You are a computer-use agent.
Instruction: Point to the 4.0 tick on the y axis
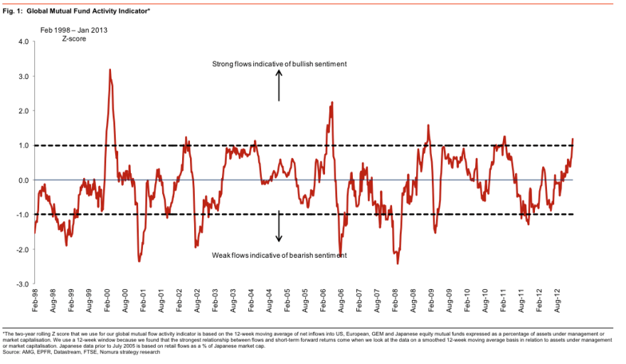[x=22, y=41]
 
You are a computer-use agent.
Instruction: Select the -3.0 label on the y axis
[x=21, y=284]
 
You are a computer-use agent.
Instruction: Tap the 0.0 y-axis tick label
[x=23, y=180]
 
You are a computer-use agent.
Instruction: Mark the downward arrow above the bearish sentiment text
[x=279, y=227]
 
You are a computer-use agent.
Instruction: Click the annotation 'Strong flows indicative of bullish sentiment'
[x=280, y=64]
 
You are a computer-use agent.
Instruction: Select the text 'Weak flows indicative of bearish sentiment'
[x=280, y=254]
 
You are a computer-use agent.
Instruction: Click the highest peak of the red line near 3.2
[x=110, y=70]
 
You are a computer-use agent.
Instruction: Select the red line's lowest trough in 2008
[x=398, y=264]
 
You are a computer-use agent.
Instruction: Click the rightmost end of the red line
[x=573, y=140]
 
